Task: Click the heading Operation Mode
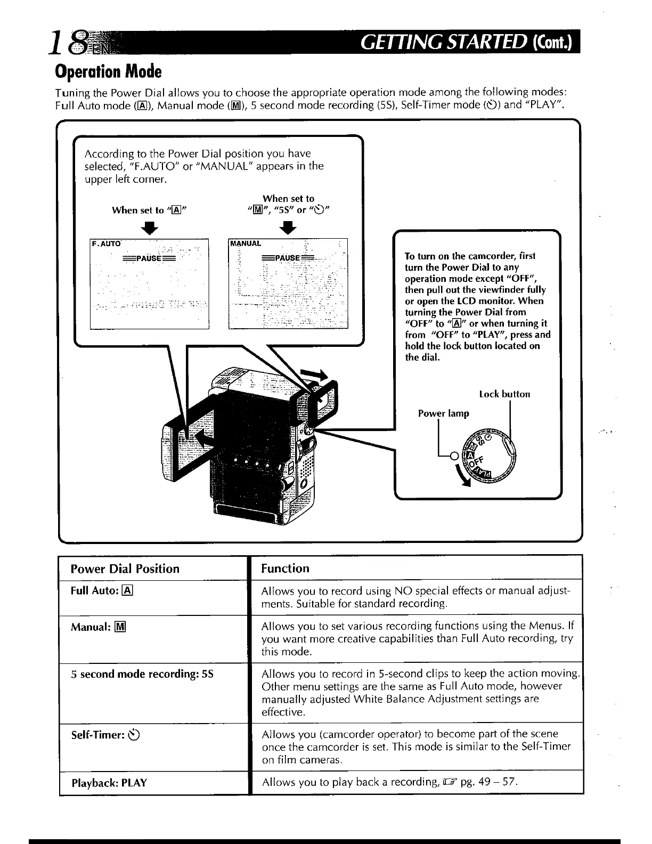(x=108, y=71)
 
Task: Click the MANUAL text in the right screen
(x=246, y=244)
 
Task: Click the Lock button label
(x=504, y=394)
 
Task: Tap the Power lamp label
(x=443, y=413)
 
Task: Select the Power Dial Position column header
(x=125, y=569)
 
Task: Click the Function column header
(x=285, y=569)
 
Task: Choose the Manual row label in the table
(x=98, y=627)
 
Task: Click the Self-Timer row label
(x=105, y=735)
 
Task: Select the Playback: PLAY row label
(x=109, y=783)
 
